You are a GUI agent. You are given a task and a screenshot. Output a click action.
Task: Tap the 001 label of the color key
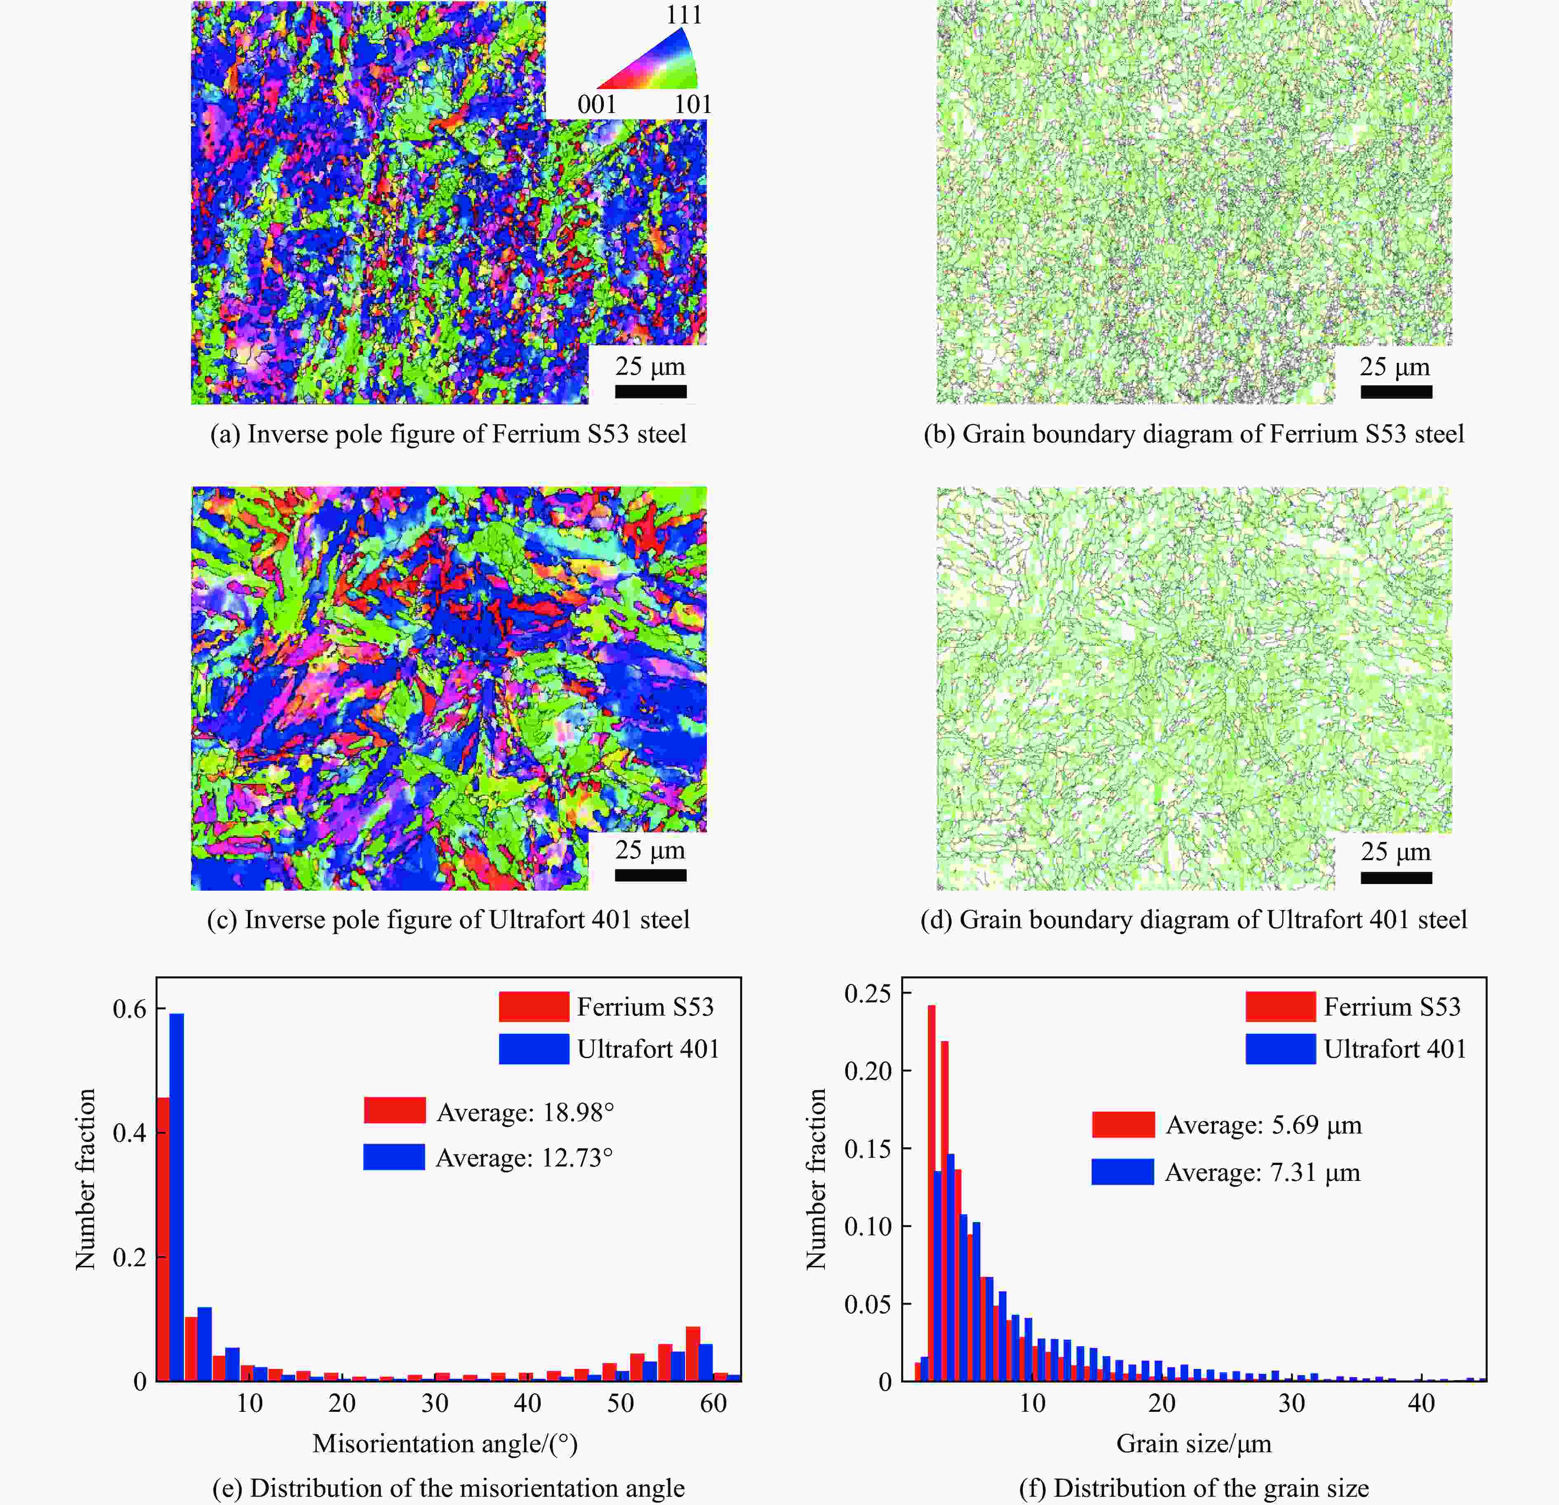pos(596,104)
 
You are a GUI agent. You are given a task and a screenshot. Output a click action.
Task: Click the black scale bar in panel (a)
pos(650,391)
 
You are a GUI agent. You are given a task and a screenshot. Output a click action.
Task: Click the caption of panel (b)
pos(1193,434)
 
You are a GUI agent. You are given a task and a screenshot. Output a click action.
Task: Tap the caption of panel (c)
pos(448,920)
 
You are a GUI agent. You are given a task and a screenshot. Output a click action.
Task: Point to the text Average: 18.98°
pos(525,1112)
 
